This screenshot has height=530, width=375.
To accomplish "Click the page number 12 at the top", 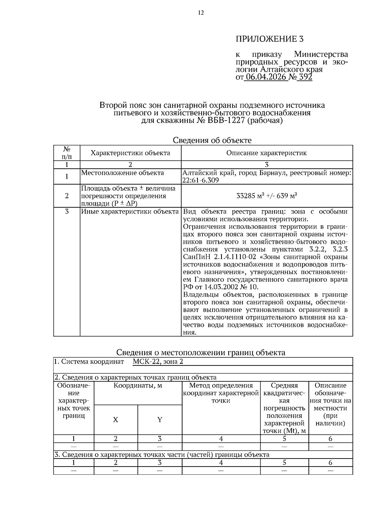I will [201, 13].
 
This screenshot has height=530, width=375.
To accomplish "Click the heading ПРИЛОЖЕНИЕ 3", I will [269, 39].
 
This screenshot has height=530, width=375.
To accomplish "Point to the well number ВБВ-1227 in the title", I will [225, 121].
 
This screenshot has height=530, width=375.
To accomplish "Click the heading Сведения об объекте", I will [212, 140].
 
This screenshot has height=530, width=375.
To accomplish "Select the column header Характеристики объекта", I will [130, 153].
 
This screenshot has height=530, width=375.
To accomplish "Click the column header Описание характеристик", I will [267, 153].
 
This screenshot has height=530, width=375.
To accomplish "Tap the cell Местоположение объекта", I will [122, 173].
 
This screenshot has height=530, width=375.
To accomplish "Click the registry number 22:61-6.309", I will [200, 181].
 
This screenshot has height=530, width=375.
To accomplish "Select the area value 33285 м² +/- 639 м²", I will [267, 196].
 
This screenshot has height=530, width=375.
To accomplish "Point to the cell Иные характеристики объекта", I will [130, 212].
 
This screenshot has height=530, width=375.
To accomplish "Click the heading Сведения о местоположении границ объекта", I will [201, 353].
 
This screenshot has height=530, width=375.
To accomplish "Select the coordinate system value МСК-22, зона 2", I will [157, 362].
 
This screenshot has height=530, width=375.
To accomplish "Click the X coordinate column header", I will [116, 420].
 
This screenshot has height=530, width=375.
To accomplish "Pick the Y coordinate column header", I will [160, 420].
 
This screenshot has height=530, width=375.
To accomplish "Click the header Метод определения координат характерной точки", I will [221, 393].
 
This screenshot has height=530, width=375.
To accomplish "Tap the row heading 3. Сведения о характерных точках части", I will [162, 455].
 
